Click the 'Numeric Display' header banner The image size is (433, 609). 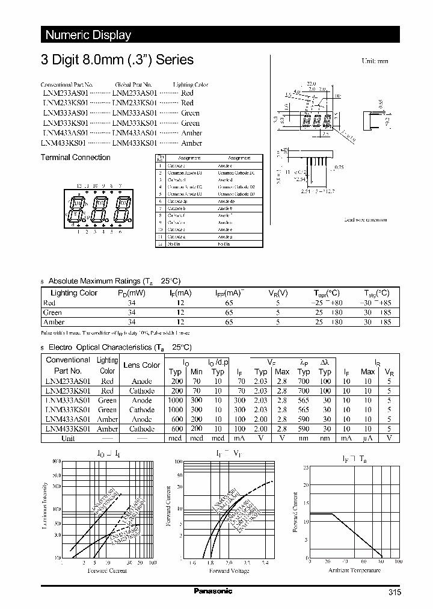[88, 35]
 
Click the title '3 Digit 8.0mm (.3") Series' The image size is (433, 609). [117, 60]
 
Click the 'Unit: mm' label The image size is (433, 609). [374, 61]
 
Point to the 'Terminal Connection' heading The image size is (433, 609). [75, 158]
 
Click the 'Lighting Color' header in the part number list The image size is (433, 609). [191, 85]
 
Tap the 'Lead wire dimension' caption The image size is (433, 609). [366, 220]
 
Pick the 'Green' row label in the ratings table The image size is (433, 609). [52, 312]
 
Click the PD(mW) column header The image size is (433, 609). [132, 293]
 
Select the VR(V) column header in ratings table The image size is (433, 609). [278, 293]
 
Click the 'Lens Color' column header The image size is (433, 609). [142, 365]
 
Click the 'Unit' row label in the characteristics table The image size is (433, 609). [67, 438]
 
